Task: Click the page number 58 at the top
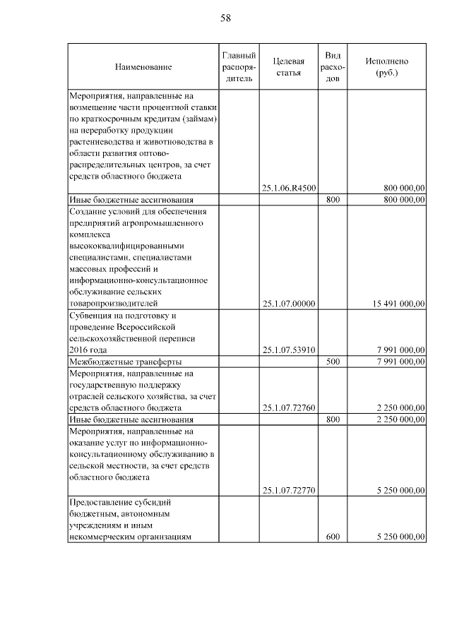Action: (226, 18)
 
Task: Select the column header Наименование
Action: (143, 66)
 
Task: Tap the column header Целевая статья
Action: (288, 66)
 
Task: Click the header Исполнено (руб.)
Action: (386, 66)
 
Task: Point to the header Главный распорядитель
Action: (238, 66)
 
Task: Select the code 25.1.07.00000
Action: (288, 304)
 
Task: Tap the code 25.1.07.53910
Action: (288, 350)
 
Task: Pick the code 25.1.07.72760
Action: (288, 407)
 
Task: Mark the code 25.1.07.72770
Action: (288, 490)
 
